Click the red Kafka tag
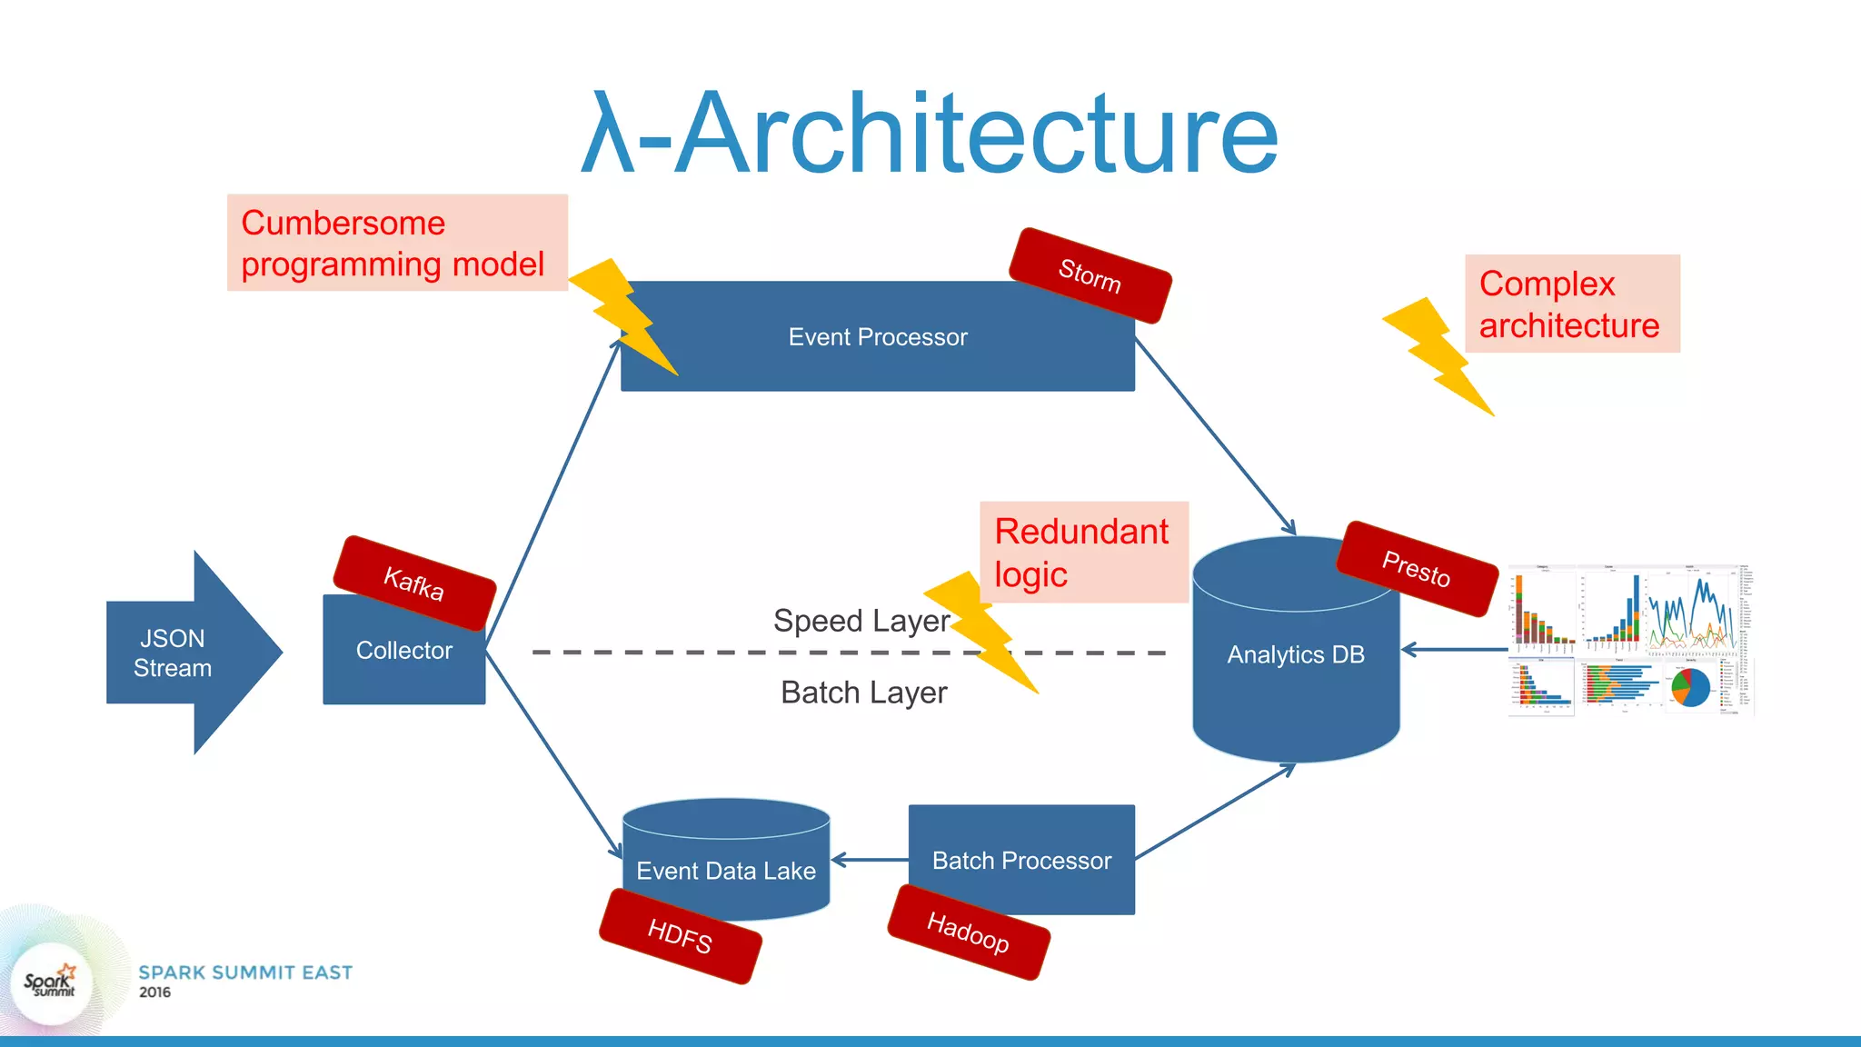click(x=414, y=583)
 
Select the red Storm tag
click(x=1090, y=275)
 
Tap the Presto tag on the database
click(x=1416, y=569)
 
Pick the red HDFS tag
click(x=680, y=936)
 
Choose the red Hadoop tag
click(x=968, y=932)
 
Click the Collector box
click(x=403, y=663)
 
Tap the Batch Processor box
click(x=1021, y=860)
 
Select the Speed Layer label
click(x=861, y=621)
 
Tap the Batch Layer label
click(x=863, y=693)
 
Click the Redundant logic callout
click(x=1083, y=552)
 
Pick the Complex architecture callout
click(x=1571, y=304)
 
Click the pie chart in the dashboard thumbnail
click(x=1690, y=687)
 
